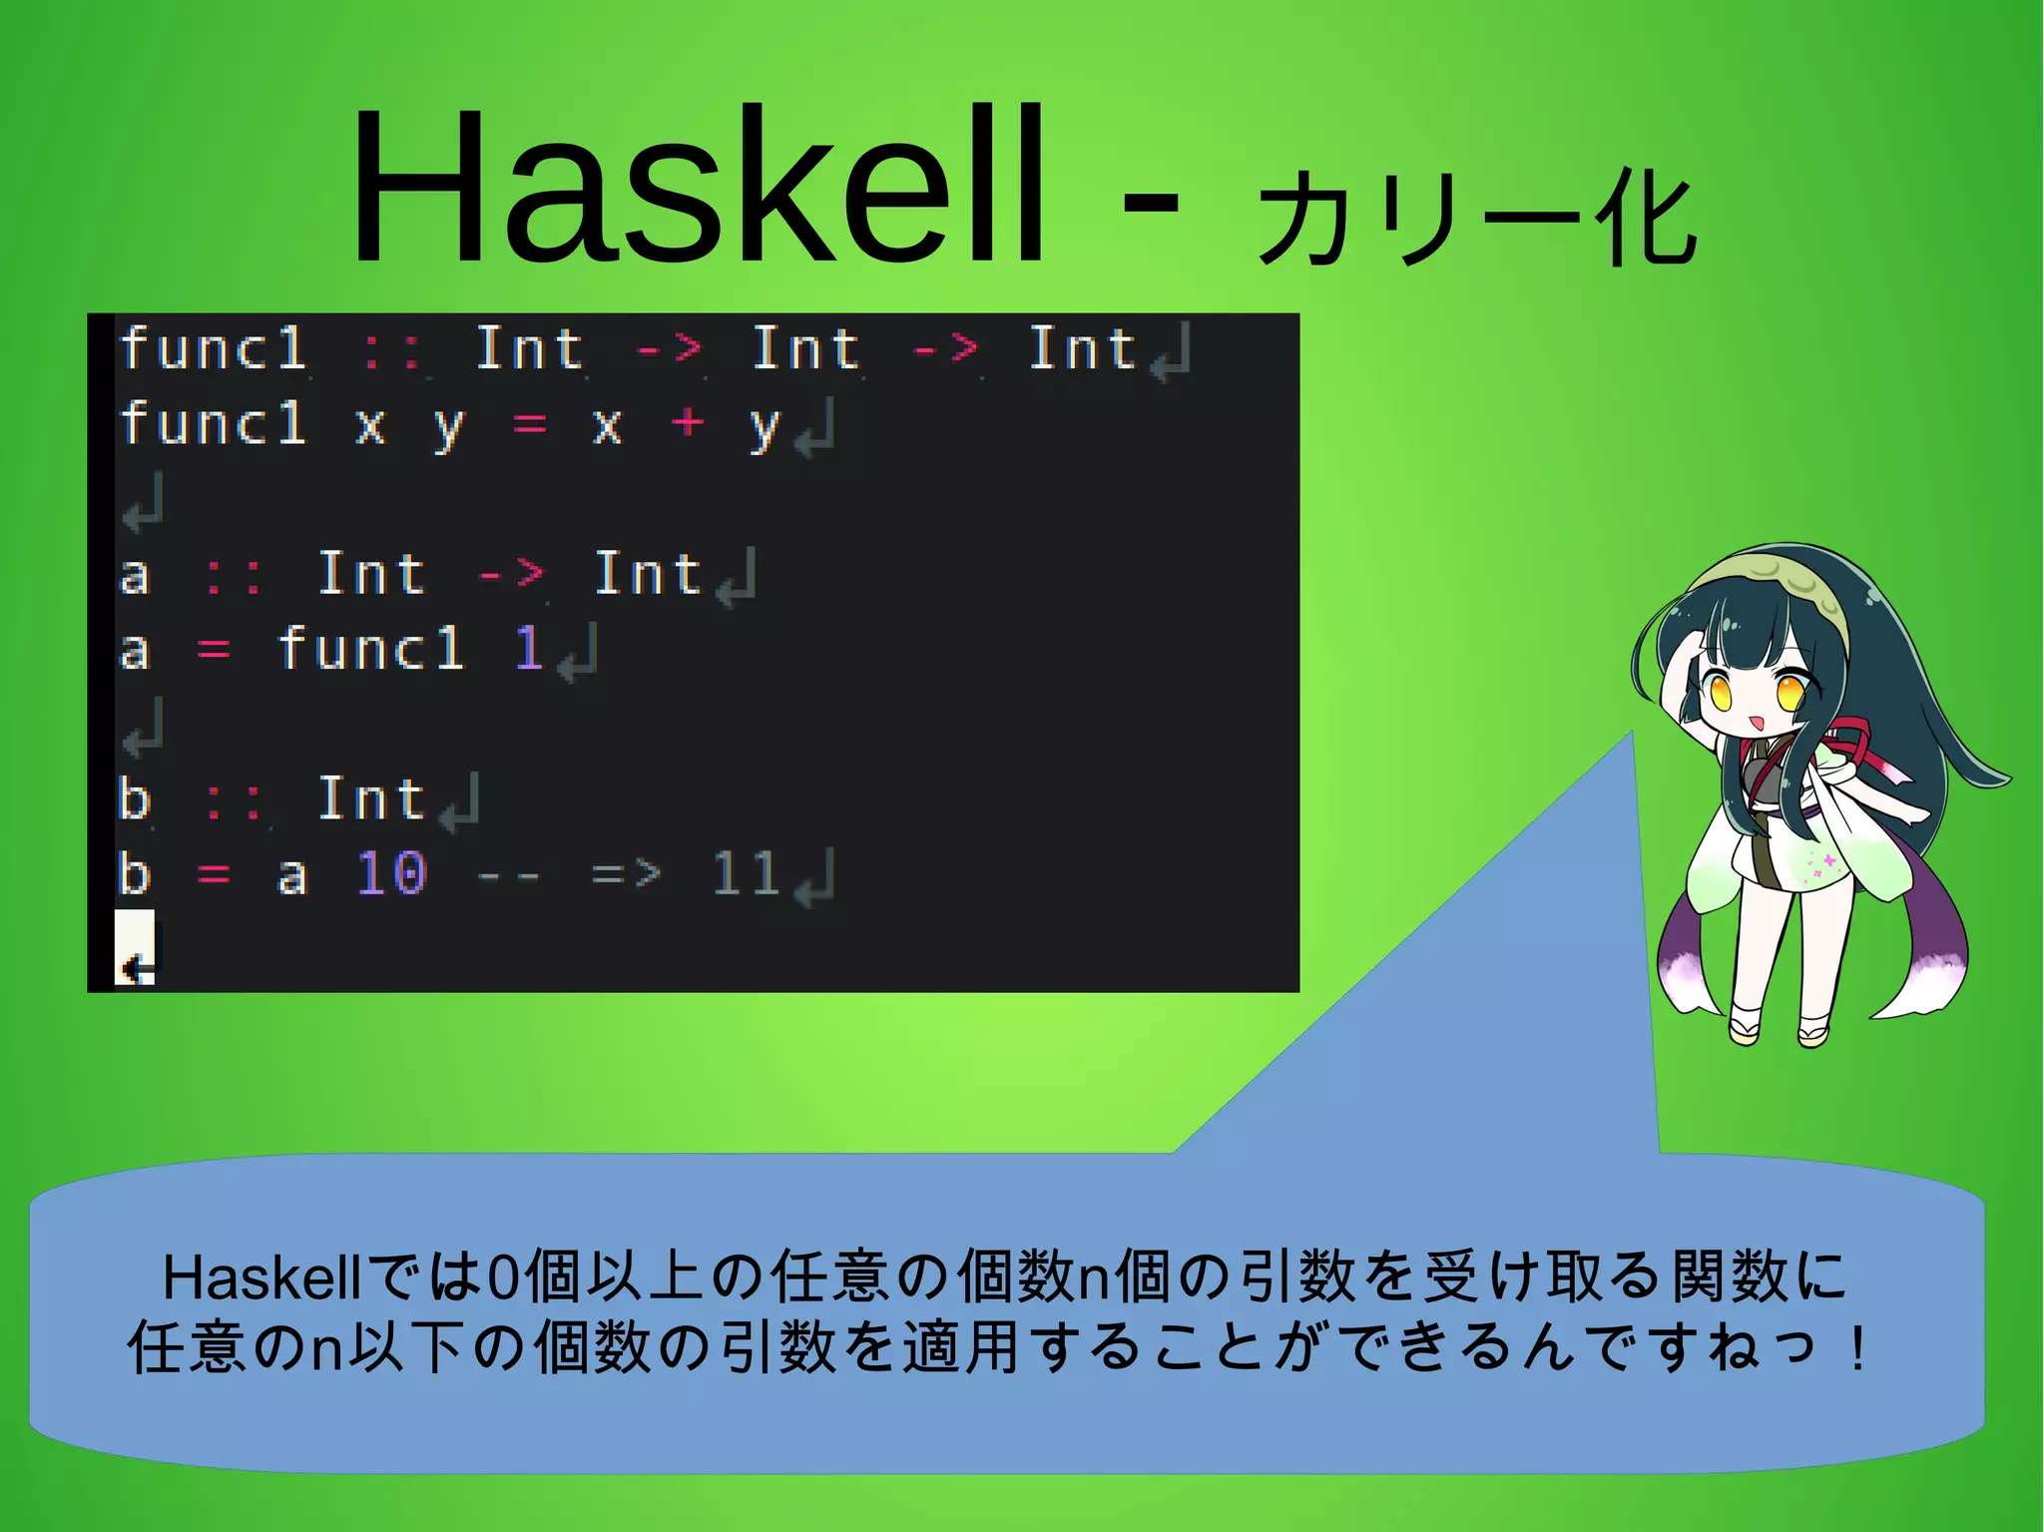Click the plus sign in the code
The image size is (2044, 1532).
(688, 422)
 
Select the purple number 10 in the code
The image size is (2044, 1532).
(391, 873)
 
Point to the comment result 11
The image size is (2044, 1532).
(745, 873)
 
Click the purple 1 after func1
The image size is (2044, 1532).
(528, 649)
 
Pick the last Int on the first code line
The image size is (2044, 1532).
(1082, 349)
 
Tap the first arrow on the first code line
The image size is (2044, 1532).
(669, 349)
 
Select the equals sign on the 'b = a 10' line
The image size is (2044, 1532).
(214, 874)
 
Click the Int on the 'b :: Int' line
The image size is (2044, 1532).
(371, 798)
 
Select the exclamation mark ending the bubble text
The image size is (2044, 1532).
(1856, 1349)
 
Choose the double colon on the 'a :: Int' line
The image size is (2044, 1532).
(234, 576)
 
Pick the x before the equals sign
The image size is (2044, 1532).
(370, 424)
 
